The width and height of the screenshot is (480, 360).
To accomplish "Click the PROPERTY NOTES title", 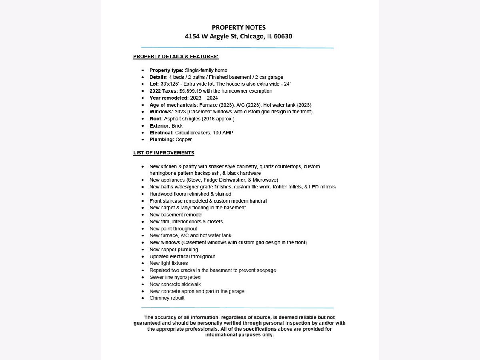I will pyautogui.click(x=238, y=27).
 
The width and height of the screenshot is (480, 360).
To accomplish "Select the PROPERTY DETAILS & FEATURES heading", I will pyautogui.click(x=176, y=56).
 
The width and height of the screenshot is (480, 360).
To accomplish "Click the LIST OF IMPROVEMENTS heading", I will pyautogui.click(x=164, y=153).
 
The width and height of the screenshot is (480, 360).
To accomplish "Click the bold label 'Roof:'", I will pyautogui.click(x=156, y=119).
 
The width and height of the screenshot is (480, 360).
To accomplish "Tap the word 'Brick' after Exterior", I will pyautogui.click(x=177, y=126).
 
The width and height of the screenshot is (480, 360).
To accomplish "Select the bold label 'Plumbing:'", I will pyautogui.click(x=162, y=140).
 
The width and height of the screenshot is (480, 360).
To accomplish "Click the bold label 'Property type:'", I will pyautogui.click(x=166, y=70).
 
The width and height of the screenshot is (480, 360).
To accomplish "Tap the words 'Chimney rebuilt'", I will pyautogui.click(x=167, y=298).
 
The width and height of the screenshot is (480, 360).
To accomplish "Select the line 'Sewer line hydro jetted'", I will pyautogui.click(x=175, y=277).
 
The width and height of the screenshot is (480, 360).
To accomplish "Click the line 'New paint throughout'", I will pyautogui.click(x=173, y=229).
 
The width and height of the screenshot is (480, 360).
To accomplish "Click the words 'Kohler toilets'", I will pyautogui.click(x=284, y=187).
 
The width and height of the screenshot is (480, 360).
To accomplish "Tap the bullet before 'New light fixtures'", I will pyautogui.click(x=143, y=264).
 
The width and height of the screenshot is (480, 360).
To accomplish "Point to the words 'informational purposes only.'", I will pyautogui.click(x=239, y=335).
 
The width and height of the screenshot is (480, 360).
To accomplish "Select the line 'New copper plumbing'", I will pyautogui.click(x=174, y=250).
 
